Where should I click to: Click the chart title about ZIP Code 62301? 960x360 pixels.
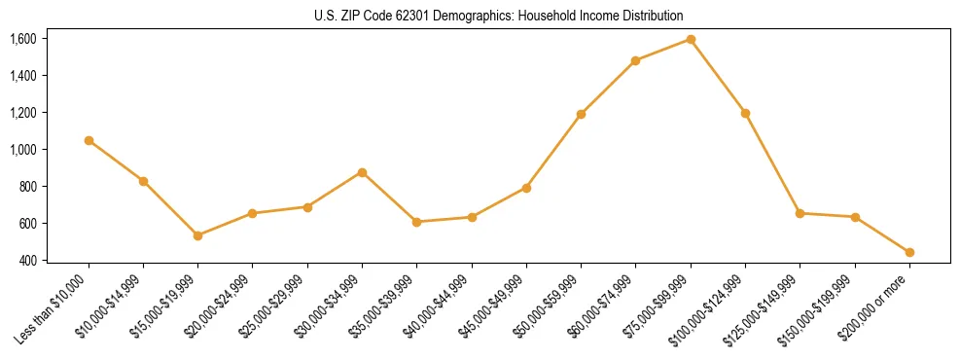click(480, 16)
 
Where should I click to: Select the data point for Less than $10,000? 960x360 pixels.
click(89, 140)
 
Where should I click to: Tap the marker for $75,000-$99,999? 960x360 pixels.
click(691, 39)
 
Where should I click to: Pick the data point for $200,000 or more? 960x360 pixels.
click(909, 252)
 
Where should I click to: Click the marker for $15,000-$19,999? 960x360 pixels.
click(197, 235)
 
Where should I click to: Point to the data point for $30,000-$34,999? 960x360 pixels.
click(362, 172)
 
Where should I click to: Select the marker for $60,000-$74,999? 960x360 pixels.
click(635, 60)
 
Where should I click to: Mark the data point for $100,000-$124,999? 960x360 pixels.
click(745, 113)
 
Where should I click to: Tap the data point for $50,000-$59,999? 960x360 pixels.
click(581, 114)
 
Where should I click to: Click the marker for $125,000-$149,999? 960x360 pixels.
click(800, 213)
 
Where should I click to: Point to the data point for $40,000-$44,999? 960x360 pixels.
click(472, 217)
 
